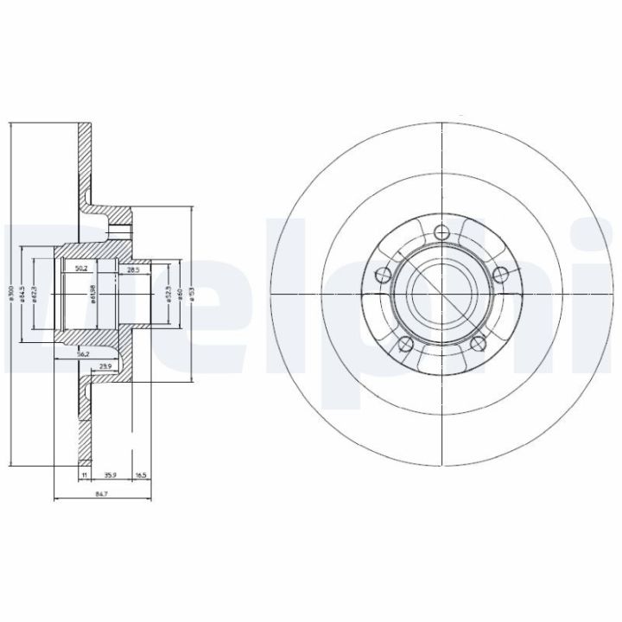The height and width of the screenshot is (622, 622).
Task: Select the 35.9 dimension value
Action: point(111,475)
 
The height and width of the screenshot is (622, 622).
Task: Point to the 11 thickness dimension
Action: point(85,475)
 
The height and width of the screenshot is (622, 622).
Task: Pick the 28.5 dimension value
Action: point(133,270)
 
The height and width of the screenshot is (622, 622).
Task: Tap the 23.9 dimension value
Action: point(105,365)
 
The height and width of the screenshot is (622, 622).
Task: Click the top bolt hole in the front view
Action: point(441,232)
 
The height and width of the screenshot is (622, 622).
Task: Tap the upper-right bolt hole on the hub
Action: point(500,275)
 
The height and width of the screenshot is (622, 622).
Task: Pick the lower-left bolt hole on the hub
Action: point(403,346)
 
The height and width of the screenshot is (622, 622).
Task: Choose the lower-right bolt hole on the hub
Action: point(478,346)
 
